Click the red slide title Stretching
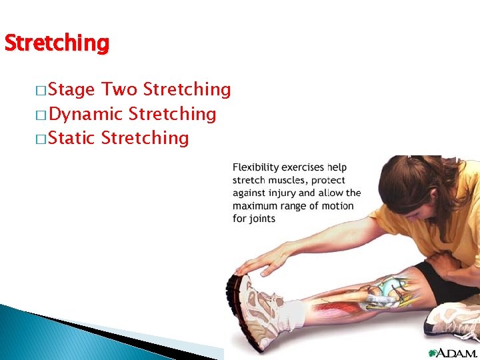click(56, 43)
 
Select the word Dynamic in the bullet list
click(85, 114)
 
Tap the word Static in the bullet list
click(73, 138)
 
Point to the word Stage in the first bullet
click(73, 90)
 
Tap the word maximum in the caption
click(256, 205)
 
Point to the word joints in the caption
click(263, 218)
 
